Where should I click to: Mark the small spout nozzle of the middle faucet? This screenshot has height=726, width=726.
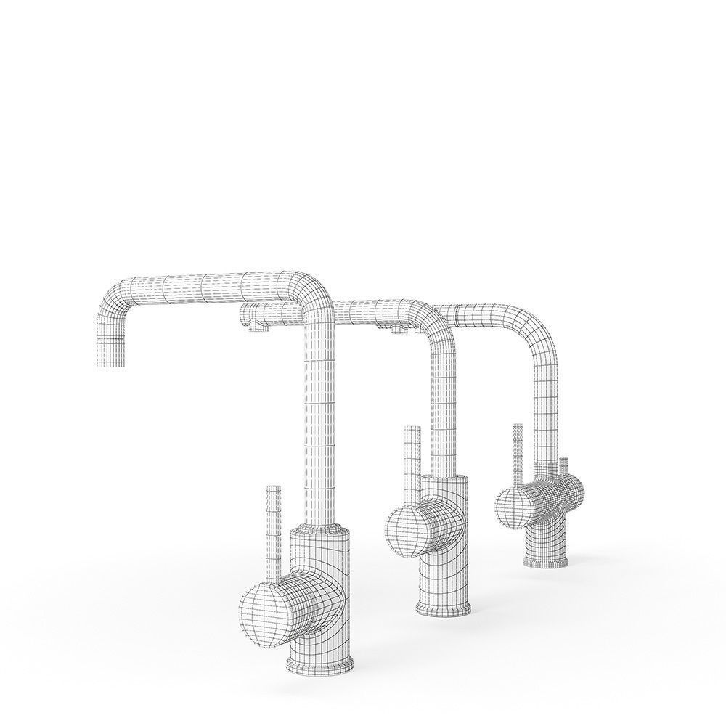(253, 330)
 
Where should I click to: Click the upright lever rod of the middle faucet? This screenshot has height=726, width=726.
(411, 457)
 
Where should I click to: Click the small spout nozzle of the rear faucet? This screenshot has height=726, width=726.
(398, 333)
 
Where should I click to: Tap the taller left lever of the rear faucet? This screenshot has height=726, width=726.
(518, 454)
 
